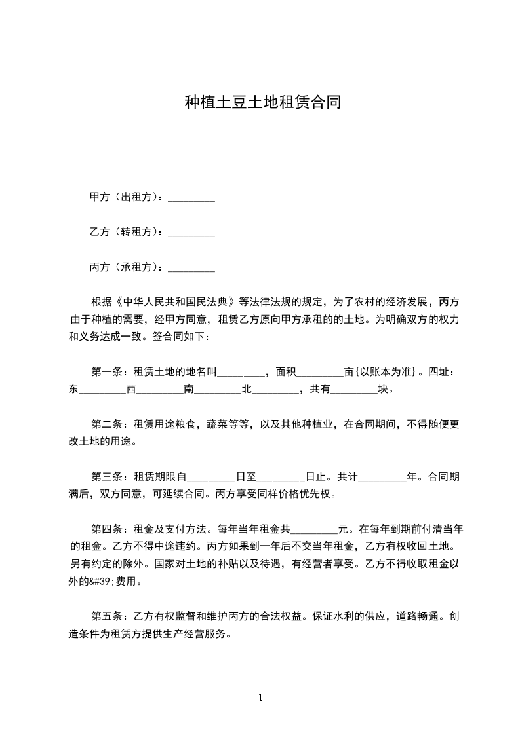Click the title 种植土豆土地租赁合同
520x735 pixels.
coord(262,103)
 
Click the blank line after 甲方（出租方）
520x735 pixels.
coord(191,198)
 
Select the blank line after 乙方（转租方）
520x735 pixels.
coord(191,233)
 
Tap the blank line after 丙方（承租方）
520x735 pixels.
coord(191,267)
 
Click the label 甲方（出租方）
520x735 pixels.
coord(125,197)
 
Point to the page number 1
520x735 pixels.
coord(260,698)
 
